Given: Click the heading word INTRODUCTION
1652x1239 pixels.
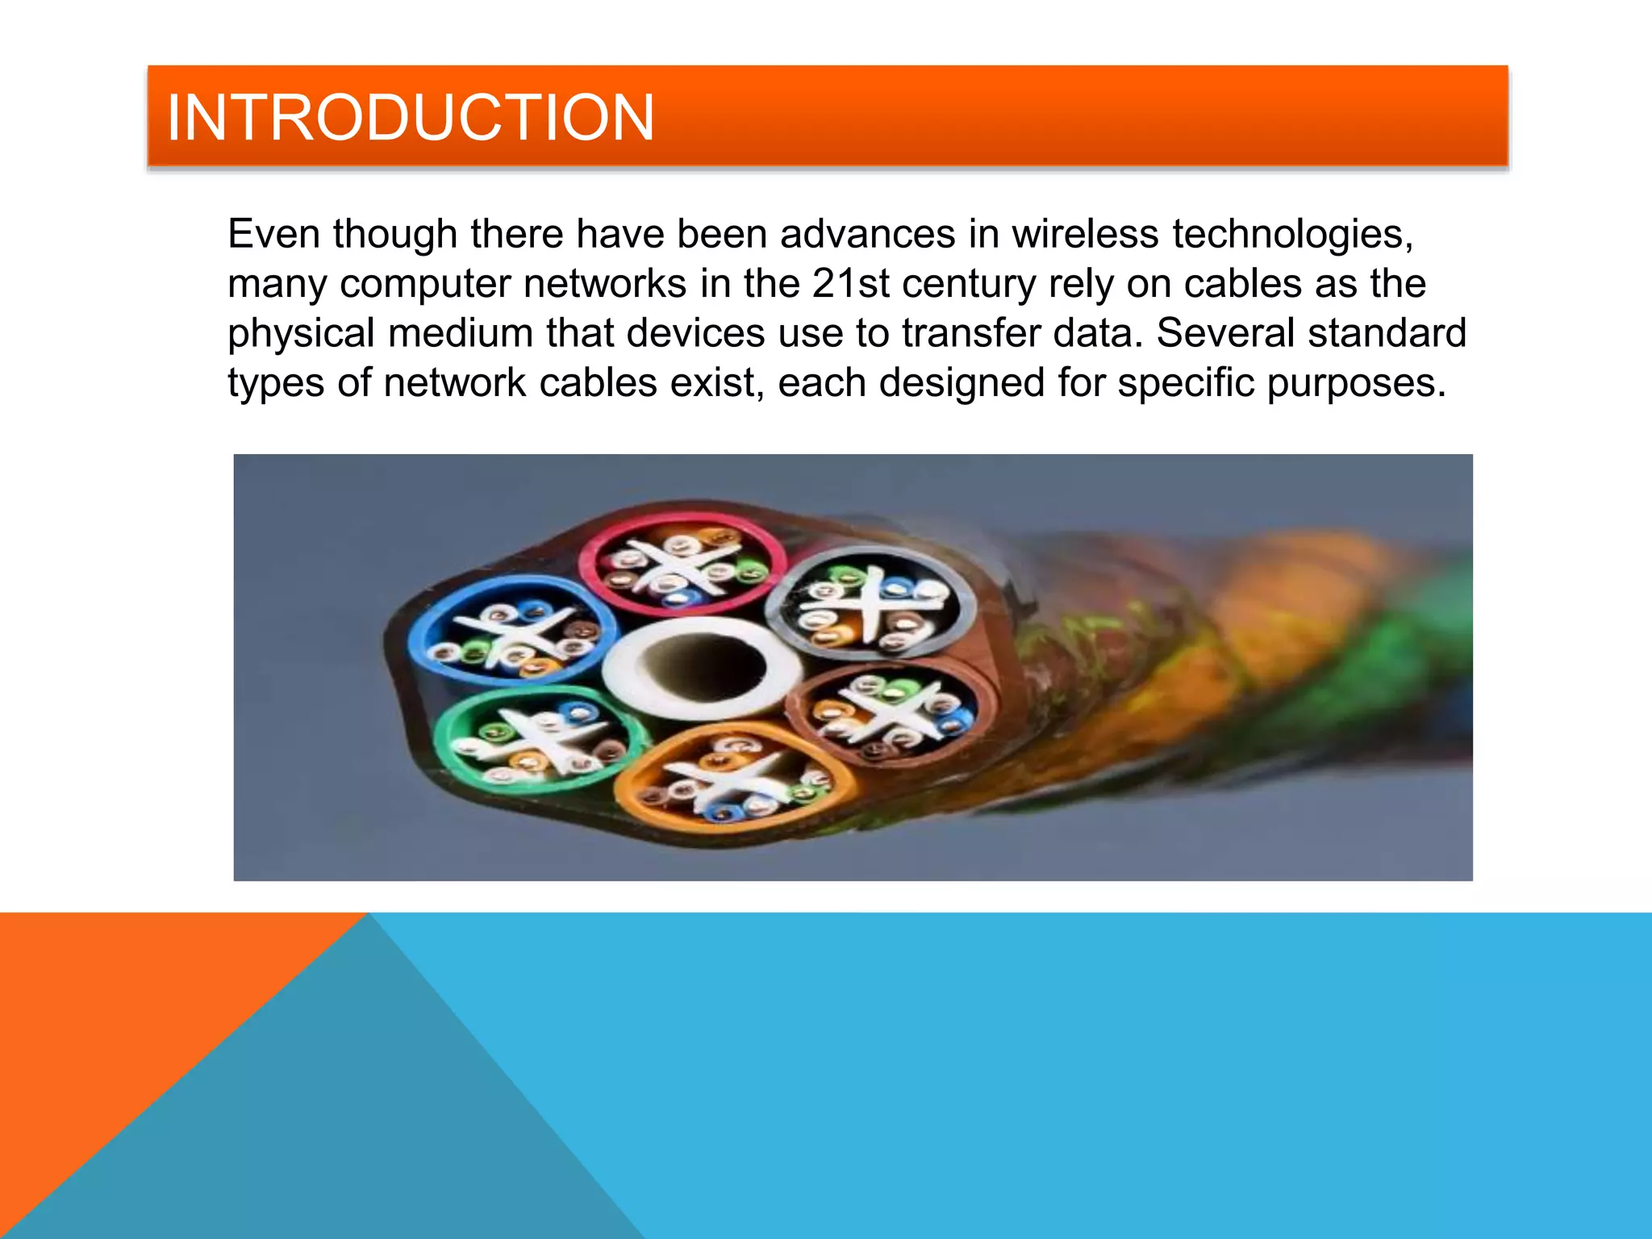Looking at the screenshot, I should tap(410, 118).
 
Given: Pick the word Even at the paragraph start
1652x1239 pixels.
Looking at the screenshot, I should tap(274, 234).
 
